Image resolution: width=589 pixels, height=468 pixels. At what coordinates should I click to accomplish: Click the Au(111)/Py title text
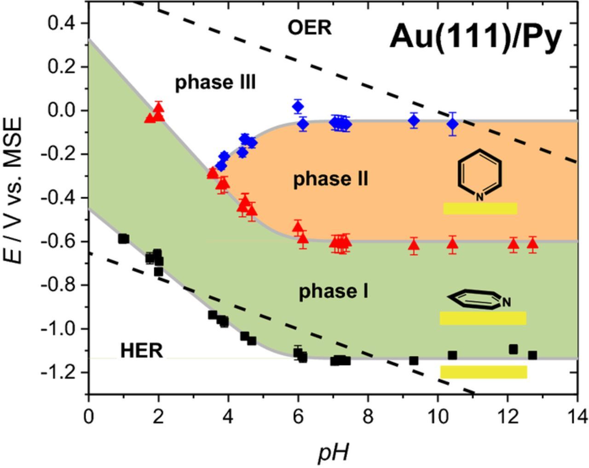(476, 36)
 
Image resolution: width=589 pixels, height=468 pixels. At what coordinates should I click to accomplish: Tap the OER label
(309, 28)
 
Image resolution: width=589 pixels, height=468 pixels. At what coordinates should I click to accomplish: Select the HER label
(141, 351)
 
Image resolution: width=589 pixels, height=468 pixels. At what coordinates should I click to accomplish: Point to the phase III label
(215, 82)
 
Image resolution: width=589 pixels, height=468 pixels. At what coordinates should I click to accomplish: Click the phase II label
(331, 179)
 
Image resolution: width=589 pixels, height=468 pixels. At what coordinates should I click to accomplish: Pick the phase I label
(334, 291)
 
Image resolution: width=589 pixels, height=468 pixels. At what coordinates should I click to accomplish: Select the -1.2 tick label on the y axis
(59, 372)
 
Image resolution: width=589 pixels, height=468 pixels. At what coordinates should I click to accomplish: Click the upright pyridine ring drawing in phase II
(479, 175)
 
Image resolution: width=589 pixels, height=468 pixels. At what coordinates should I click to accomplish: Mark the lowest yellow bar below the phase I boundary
(483, 372)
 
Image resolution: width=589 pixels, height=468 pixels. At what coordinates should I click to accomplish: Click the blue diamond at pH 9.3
(414, 121)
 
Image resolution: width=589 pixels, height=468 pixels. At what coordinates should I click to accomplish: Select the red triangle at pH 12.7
(532, 244)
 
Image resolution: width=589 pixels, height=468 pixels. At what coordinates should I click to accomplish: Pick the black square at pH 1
(123, 238)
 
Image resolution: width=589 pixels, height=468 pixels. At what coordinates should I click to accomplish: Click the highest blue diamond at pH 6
(298, 107)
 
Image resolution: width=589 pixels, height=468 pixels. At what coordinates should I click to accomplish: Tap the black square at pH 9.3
(414, 360)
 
